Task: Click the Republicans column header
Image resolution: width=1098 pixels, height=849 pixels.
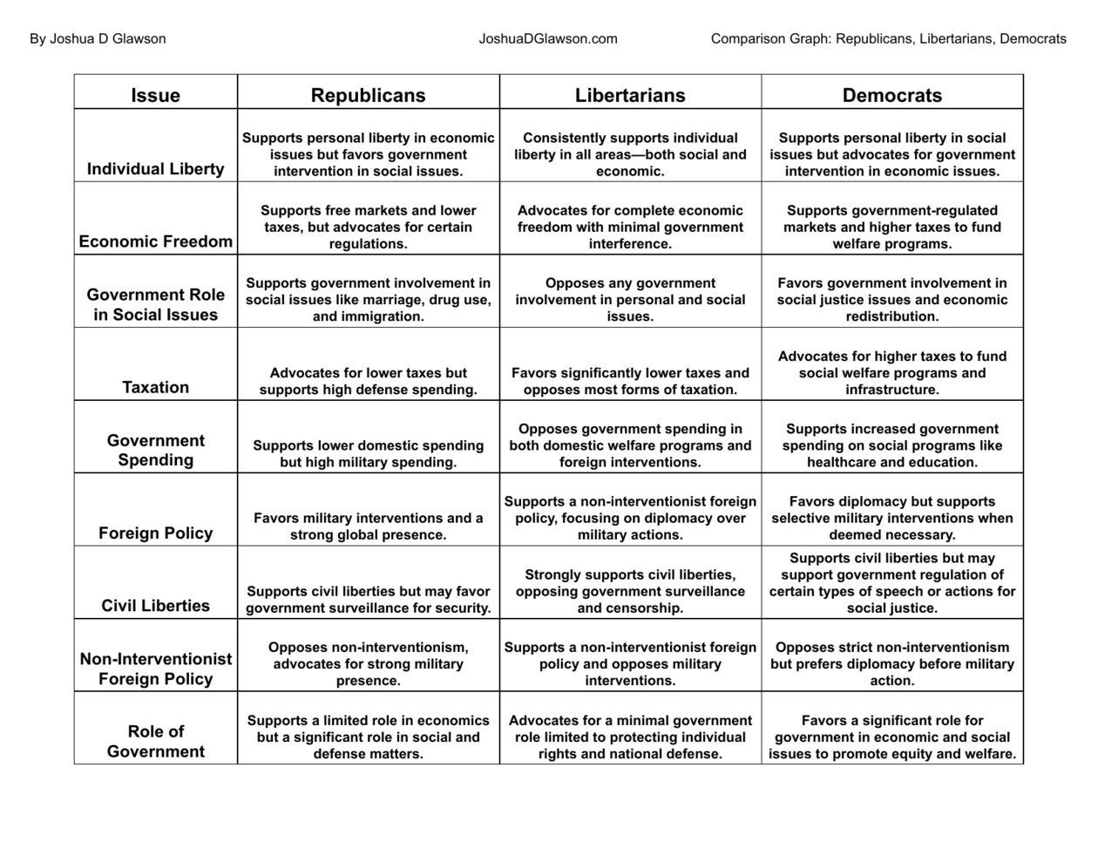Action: [368, 95]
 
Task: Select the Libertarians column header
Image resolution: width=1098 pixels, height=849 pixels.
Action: [630, 95]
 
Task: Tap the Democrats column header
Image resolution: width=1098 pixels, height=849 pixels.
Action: [891, 95]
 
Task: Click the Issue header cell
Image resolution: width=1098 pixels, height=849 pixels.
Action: [155, 95]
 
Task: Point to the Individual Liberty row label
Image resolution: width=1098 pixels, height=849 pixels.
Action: [155, 168]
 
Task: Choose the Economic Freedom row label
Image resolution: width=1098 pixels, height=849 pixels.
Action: [155, 241]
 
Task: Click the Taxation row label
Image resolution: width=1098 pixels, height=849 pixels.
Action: [155, 387]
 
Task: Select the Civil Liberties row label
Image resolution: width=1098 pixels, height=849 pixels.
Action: [155, 606]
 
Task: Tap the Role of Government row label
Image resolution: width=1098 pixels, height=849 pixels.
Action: [155, 741]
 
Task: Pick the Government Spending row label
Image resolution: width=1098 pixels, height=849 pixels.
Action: [155, 450]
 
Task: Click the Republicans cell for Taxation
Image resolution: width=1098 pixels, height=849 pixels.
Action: [368, 381]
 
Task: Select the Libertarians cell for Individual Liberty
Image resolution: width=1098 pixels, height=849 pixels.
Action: [630, 154]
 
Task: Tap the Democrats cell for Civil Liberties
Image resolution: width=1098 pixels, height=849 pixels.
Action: [891, 583]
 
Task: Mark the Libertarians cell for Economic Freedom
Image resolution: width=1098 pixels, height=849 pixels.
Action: [630, 227]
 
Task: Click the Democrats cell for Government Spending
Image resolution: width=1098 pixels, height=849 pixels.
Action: [891, 445]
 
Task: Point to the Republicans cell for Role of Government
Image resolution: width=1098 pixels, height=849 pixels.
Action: [368, 737]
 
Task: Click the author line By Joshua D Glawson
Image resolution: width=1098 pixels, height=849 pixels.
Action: [98, 38]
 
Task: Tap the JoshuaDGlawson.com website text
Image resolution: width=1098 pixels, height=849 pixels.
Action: [548, 38]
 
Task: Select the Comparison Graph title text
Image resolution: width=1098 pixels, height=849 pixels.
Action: [888, 38]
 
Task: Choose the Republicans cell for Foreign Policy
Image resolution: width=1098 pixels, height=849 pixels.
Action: [368, 526]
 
